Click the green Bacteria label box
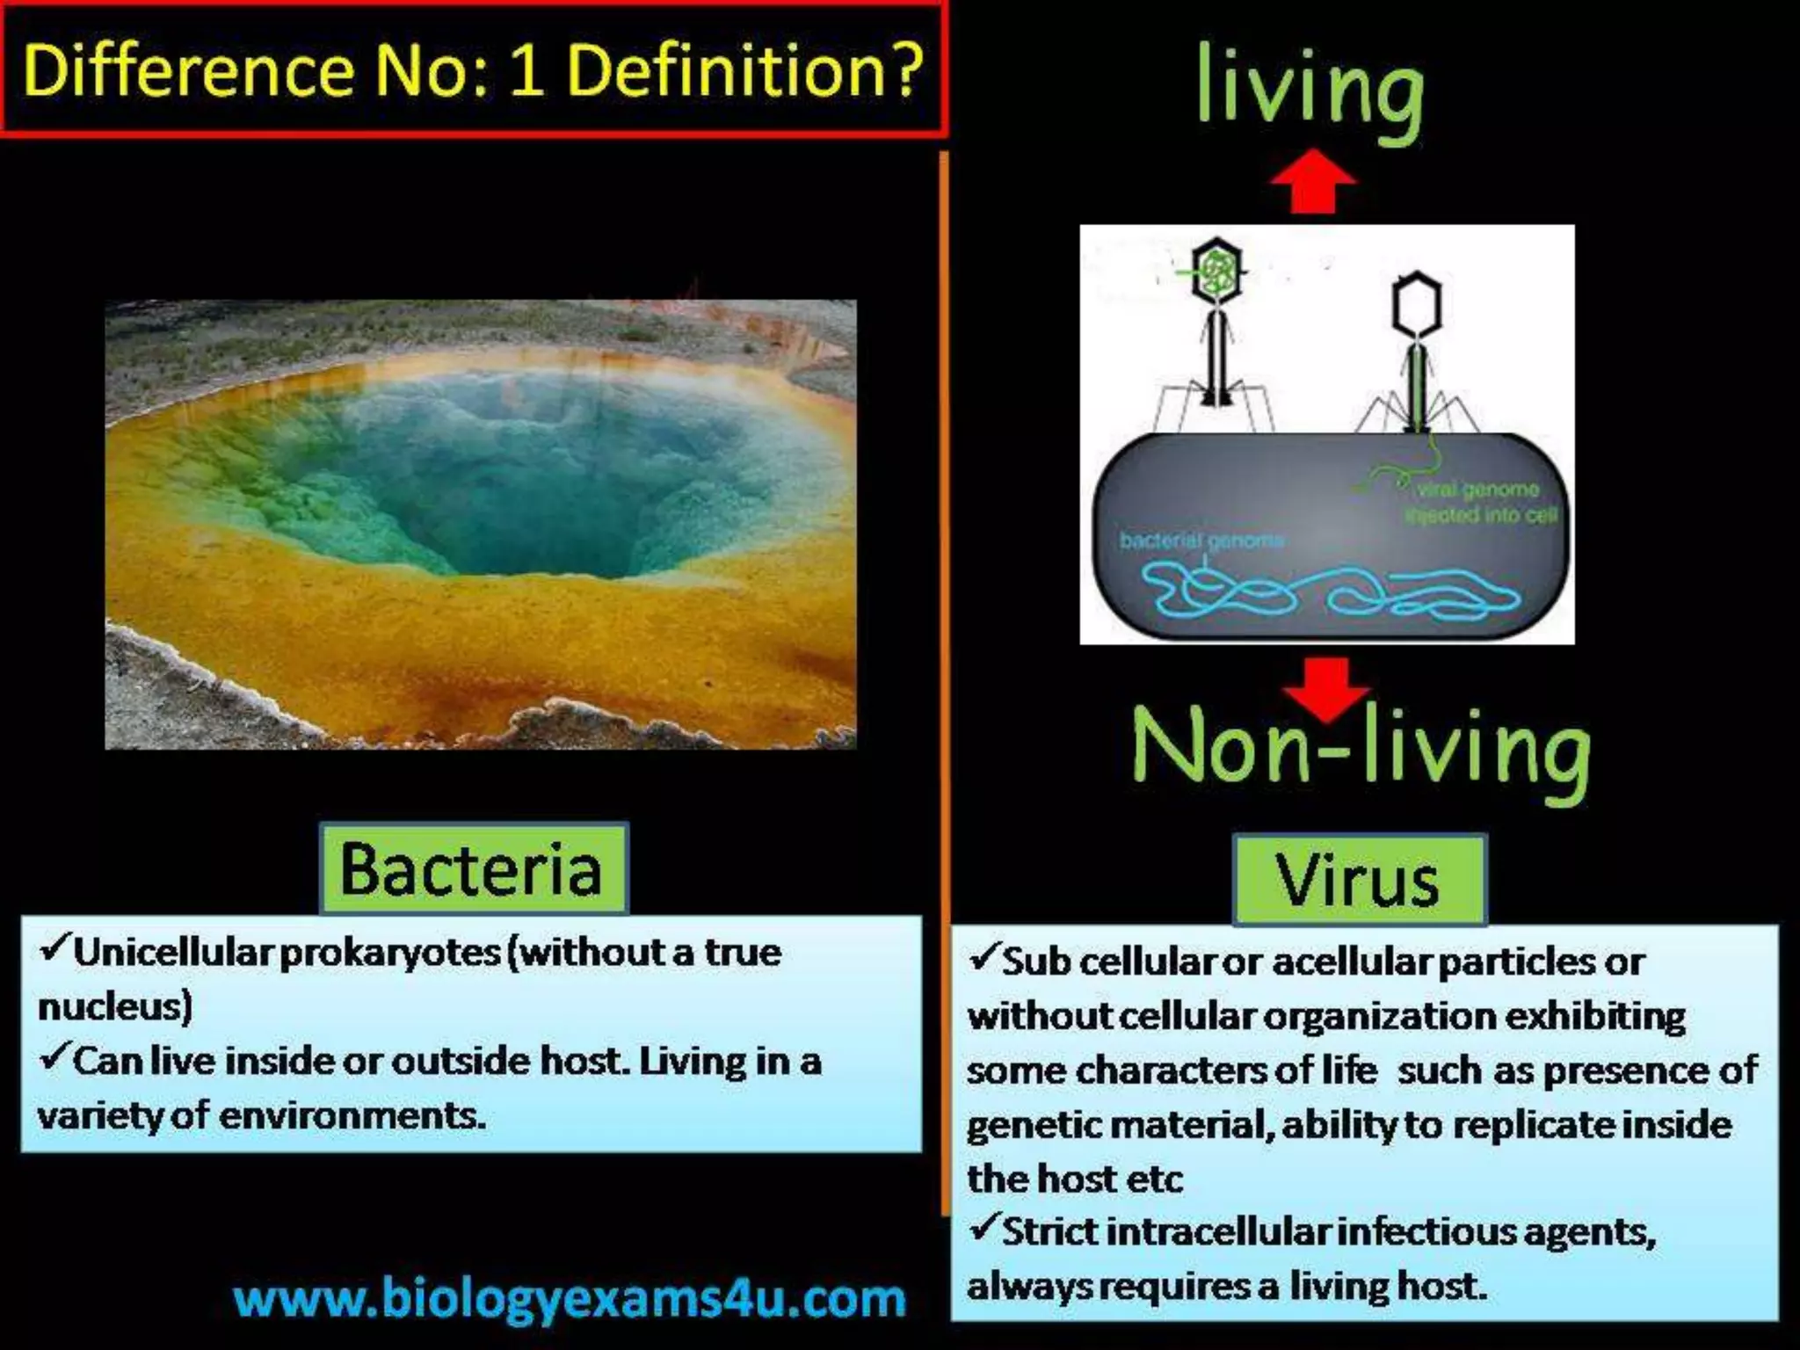[473, 868]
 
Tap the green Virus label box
[1359, 880]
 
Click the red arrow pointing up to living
[1314, 181]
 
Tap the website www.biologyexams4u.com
[570, 1299]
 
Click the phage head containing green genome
[1217, 271]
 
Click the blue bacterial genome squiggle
[1327, 591]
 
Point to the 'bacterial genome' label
[1201, 540]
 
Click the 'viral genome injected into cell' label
[1480, 502]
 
